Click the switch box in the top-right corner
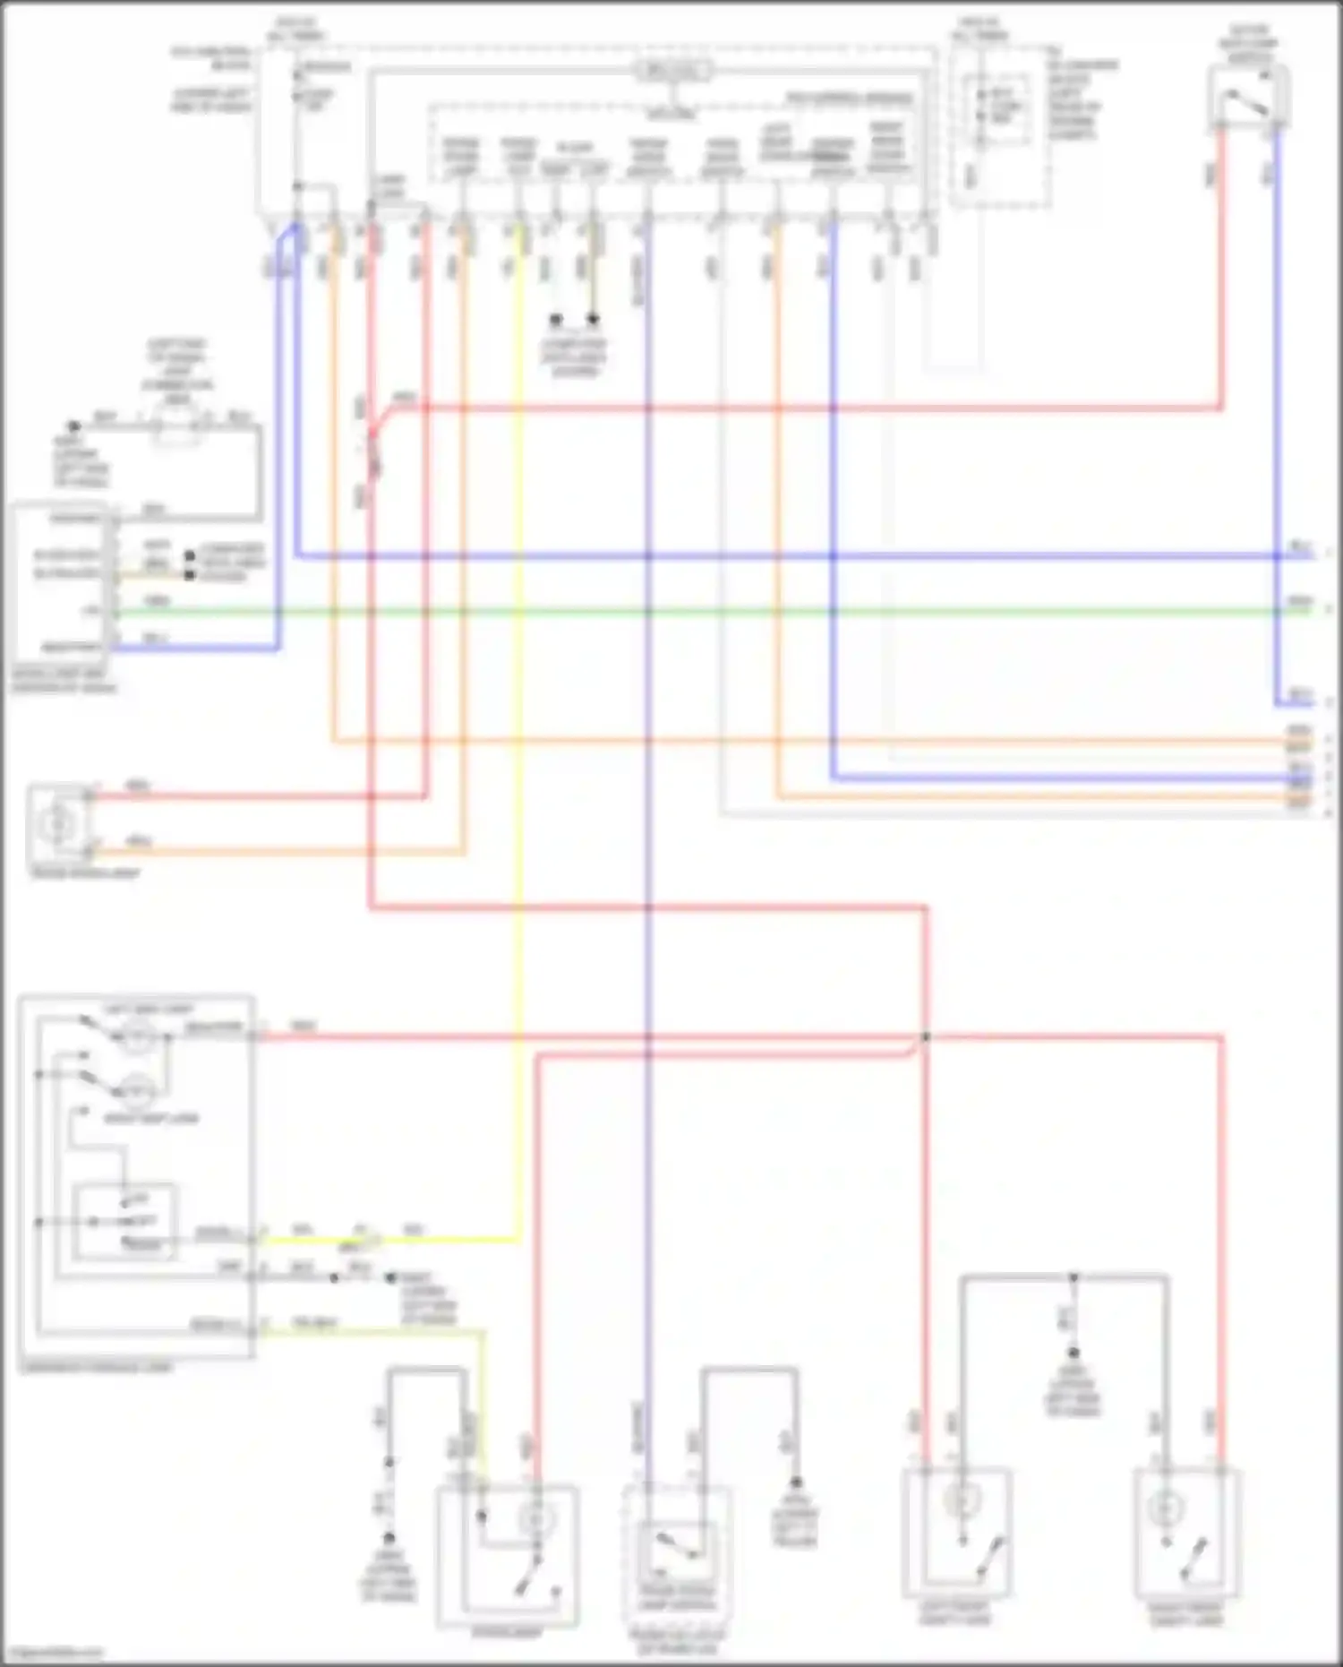pyautogui.click(x=1249, y=97)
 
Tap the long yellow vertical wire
pyautogui.click(x=518, y=717)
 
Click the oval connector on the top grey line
pyautogui.click(x=674, y=71)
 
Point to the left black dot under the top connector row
pyautogui.click(x=555, y=319)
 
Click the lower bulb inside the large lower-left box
pyautogui.click(x=137, y=1091)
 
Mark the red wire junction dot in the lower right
pyautogui.click(x=926, y=1037)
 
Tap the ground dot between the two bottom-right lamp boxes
pyautogui.click(x=1073, y=1353)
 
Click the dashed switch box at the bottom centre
pyautogui.click(x=677, y=1559)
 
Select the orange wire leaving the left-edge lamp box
pyautogui.click(x=269, y=852)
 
